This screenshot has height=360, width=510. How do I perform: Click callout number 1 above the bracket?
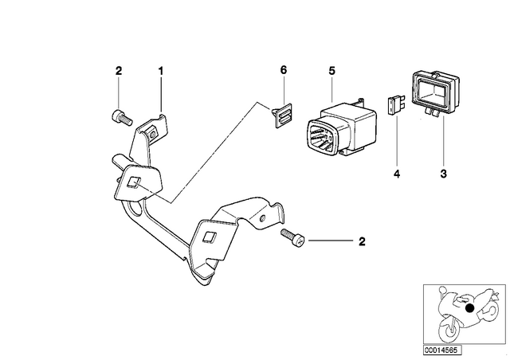(x=161, y=71)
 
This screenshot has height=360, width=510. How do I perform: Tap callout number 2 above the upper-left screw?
(x=119, y=71)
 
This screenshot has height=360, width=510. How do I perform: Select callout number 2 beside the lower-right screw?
(x=362, y=241)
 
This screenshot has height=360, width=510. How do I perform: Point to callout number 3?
(x=444, y=174)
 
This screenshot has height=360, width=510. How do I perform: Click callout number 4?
(x=397, y=174)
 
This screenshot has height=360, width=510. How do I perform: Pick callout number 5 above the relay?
(x=331, y=71)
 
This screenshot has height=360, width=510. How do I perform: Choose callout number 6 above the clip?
(x=284, y=70)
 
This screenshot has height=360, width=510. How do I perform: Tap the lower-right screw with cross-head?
(x=292, y=237)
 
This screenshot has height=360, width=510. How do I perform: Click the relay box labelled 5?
(x=342, y=129)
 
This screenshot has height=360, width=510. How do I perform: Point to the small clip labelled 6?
(x=281, y=115)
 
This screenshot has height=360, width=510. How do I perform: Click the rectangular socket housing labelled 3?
(x=435, y=92)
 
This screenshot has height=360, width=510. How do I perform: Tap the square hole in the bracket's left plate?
(x=132, y=182)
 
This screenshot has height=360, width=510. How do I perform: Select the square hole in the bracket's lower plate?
(x=209, y=237)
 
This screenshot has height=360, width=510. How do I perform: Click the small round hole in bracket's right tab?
(x=262, y=218)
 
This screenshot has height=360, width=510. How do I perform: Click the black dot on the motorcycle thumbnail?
(x=469, y=308)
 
